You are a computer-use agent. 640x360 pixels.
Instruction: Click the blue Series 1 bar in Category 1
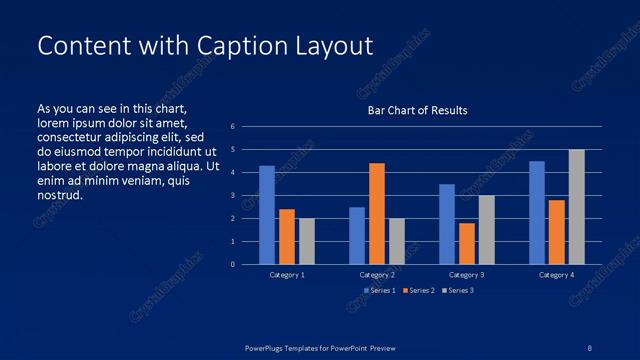tap(266, 215)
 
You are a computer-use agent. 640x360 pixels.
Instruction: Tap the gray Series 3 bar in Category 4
tap(576, 207)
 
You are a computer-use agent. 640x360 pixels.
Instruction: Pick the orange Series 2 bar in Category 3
tap(466, 243)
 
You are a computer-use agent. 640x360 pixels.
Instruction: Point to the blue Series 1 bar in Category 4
tap(537, 212)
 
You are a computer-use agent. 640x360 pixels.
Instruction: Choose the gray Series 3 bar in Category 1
tap(306, 241)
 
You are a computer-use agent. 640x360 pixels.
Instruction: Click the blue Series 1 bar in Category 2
tap(356, 235)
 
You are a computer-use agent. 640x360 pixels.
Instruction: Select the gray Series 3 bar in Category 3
tap(486, 229)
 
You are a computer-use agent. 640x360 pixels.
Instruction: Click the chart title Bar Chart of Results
tap(417, 110)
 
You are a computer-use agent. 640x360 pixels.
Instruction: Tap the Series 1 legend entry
tap(381, 290)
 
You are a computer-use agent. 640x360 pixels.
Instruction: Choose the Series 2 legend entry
tap(420, 290)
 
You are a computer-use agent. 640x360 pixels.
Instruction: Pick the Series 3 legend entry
tap(458, 290)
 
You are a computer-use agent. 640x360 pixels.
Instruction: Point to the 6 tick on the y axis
tap(232, 127)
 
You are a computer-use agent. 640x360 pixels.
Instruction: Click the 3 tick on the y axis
tap(232, 196)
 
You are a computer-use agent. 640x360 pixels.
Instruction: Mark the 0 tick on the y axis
tap(232, 265)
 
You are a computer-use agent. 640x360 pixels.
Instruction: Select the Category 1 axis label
tap(288, 274)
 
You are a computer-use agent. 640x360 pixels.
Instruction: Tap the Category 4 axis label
tap(556, 274)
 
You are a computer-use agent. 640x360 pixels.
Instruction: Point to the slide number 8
tap(589, 347)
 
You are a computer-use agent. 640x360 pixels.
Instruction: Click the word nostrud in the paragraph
tap(59, 195)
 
